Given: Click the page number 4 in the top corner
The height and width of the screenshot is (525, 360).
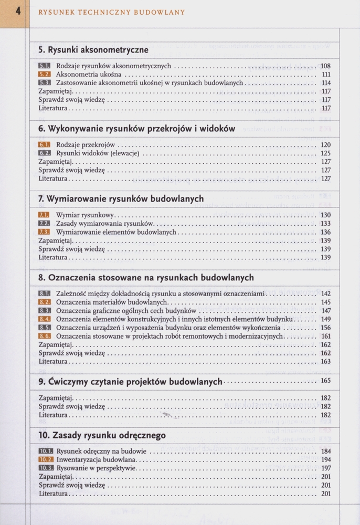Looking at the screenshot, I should [x=17, y=10].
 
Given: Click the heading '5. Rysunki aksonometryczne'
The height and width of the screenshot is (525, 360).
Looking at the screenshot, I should [x=93, y=50].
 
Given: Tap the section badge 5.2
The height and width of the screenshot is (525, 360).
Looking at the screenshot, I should [x=44, y=75].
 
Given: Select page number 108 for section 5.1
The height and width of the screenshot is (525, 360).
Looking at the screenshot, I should [x=325, y=66].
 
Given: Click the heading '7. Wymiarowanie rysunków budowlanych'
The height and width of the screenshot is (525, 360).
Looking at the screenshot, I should [x=121, y=199].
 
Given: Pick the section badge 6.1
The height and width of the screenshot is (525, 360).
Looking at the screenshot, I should [x=44, y=144].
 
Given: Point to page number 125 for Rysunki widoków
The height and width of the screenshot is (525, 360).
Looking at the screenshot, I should [x=325, y=153].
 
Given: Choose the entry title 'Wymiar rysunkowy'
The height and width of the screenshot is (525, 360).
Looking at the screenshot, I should [x=85, y=215].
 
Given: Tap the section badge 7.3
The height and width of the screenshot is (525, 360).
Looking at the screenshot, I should [x=44, y=232].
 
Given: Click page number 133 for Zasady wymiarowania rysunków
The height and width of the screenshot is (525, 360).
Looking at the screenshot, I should [x=325, y=223].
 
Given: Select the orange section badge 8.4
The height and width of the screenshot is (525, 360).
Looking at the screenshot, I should [x=44, y=319].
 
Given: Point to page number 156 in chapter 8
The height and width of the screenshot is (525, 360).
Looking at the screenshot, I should [x=325, y=327].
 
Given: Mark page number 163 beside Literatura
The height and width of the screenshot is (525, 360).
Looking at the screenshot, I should [x=325, y=362].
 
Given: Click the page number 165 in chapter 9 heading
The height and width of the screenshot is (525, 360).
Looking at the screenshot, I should [x=325, y=381].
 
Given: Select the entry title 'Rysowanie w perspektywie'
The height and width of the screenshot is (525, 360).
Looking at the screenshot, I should [x=97, y=468].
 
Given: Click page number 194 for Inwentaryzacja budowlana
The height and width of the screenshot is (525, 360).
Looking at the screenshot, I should [x=325, y=459].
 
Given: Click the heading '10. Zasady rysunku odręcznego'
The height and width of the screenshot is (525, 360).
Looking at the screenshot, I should [x=102, y=435].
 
